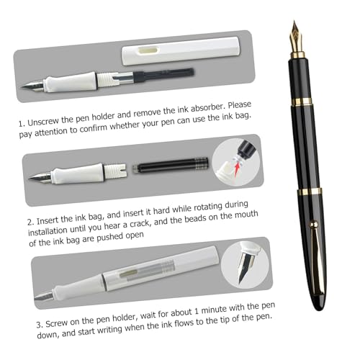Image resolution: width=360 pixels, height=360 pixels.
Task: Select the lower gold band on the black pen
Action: point(310,192)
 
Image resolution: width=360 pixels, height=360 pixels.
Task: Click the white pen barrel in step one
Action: point(181,50)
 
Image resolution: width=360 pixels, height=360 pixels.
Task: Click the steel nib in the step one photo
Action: point(32,86)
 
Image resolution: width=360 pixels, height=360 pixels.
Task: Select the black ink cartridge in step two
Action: point(171,164)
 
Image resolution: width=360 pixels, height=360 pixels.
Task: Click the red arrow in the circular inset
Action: point(238,167)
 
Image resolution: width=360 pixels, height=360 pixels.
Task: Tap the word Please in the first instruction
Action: point(239,106)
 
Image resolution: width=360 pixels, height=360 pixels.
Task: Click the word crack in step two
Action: point(140,225)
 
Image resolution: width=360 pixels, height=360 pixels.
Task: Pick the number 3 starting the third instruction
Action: point(39,325)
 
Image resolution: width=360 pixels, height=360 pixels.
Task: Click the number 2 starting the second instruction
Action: point(30,222)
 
